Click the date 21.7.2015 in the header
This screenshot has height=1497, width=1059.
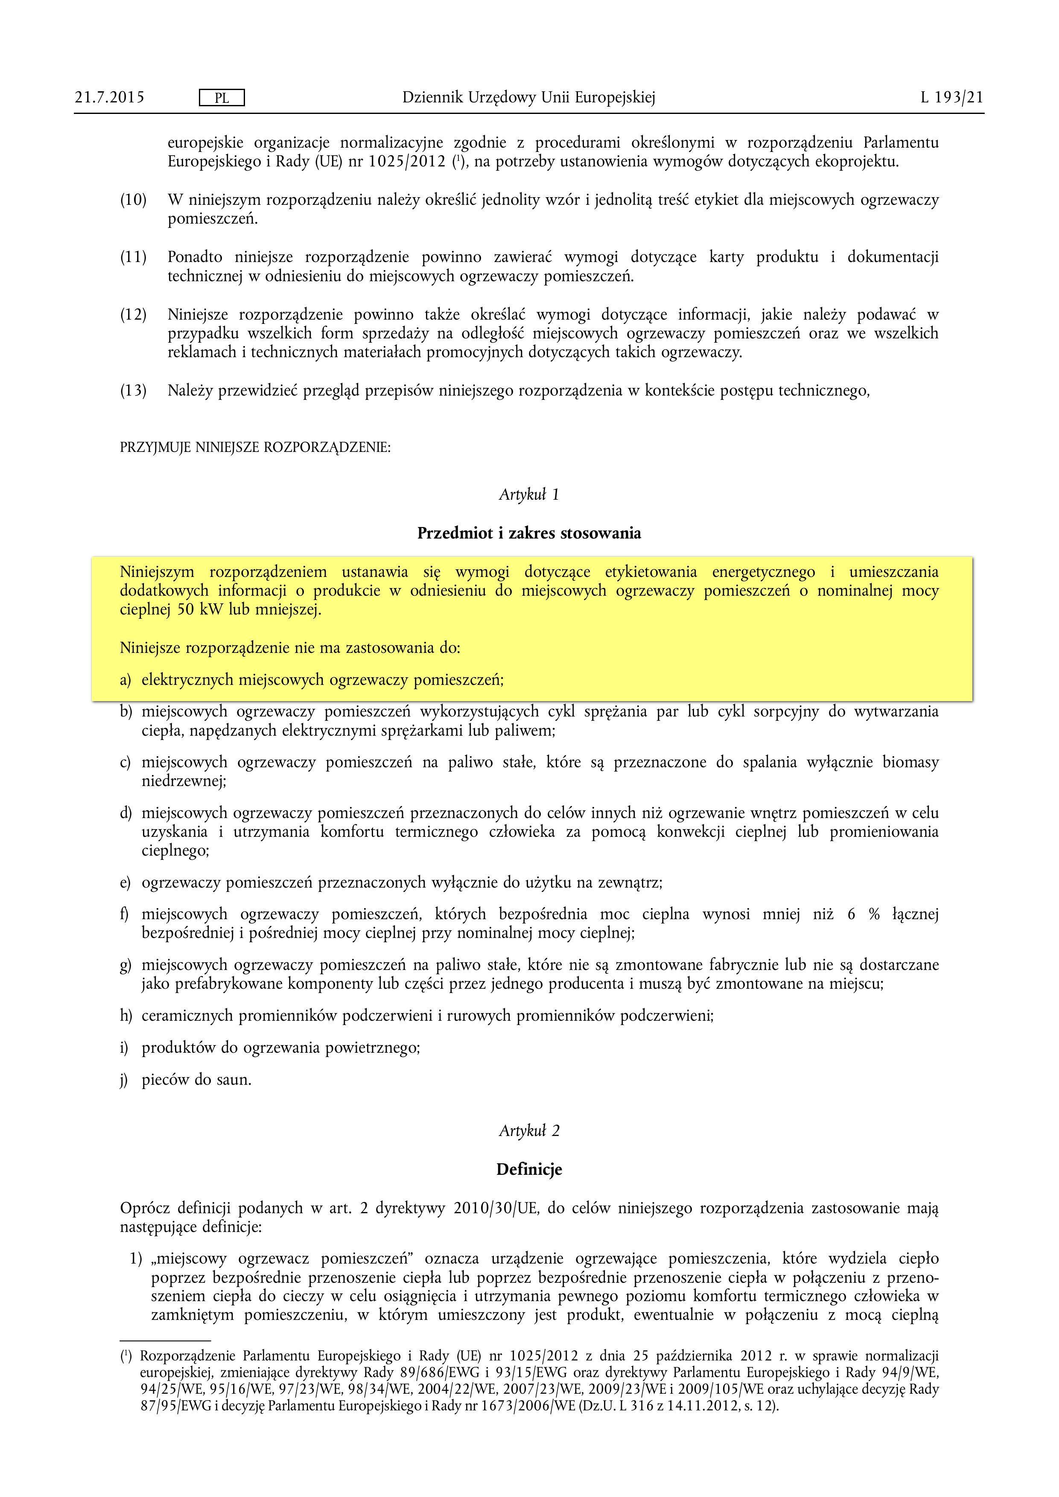click(x=110, y=98)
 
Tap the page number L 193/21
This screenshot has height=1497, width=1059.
click(x=951, y=98)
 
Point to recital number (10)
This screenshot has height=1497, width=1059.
click(x=133, y=200)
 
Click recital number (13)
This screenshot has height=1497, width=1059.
click(x=133, y=391)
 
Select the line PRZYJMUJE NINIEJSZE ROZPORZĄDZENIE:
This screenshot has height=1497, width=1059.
click(x=255, y=448)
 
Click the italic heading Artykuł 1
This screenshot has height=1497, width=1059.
click(x=529, y=495)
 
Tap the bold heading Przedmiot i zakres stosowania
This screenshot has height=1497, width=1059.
click(x=529, y=533)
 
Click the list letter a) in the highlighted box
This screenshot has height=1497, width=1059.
click(x=125, y=681)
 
